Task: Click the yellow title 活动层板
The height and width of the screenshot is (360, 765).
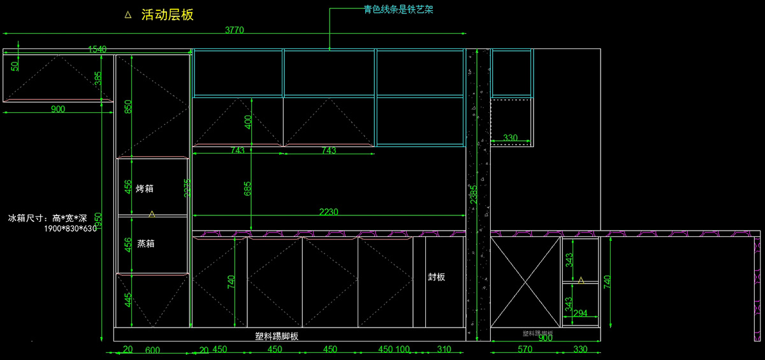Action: pos(167,15)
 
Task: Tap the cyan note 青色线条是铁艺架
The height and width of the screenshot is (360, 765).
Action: pos(398,10)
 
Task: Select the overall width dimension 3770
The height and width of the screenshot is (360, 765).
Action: pos(235,29)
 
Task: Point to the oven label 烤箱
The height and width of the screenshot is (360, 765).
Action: pos(145,189)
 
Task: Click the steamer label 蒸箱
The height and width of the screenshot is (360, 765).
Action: pos(145,243)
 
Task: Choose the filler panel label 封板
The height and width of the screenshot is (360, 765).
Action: pos(437,277)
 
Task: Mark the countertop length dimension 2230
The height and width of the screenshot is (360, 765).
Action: pos(329,212)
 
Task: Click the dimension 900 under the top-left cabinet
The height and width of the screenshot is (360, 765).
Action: pos(57,109)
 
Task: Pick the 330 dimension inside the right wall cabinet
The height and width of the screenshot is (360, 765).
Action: pos(510,138)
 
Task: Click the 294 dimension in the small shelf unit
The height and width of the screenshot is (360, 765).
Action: pos(580,313)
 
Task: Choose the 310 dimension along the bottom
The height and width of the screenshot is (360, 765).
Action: pos(444,349)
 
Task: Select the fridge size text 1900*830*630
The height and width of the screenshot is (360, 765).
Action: pos(69,228)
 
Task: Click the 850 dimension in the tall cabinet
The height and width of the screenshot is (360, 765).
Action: pos(128,106)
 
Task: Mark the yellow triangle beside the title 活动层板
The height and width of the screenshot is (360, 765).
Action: pos(128,15)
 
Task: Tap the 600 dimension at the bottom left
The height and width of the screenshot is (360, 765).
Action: pos(152,349)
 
